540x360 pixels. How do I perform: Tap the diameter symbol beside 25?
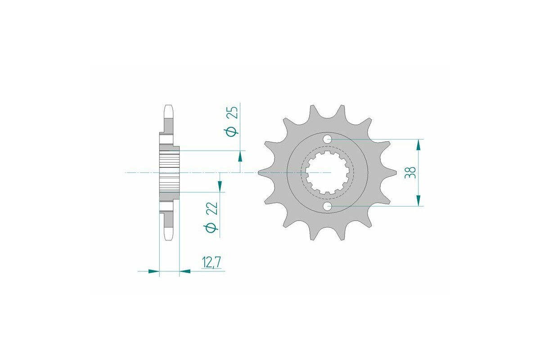point(232,131)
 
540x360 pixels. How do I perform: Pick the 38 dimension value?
point(410,173)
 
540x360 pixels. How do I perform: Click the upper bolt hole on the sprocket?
point(328,139)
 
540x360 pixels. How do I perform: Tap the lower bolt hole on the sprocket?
point(328,206)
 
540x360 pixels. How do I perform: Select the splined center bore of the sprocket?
point(328,173)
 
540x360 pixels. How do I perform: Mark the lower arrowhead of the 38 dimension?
point(419,201)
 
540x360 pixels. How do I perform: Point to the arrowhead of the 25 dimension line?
point(240,156)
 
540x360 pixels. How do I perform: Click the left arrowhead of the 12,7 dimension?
point(154,271)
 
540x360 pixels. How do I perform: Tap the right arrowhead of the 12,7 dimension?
point(184,271)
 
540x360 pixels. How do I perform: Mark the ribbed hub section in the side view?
point(169,173)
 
